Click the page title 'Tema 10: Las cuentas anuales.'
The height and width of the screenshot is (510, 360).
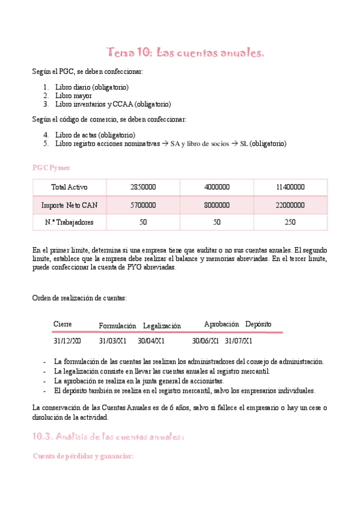pos(185,53)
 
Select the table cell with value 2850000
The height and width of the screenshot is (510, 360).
pos(142,187)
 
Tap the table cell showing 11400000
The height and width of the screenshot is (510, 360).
pos(290,187)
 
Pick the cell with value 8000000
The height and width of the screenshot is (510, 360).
pos(216,205)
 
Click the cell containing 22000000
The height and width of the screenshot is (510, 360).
pos(290,205)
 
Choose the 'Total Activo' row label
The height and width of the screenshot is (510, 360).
pos(69,187)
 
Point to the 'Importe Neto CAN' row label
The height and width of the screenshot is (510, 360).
pos(69,205)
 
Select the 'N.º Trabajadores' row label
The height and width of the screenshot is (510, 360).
pos(69,223)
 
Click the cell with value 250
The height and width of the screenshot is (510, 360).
pos(290,223)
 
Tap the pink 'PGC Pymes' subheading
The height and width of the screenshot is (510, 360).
pos(50,167)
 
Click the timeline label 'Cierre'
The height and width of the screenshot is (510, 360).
pos(63,324)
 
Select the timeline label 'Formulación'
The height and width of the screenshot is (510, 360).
pos(117,325)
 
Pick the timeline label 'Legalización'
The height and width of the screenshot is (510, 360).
pos(162,325)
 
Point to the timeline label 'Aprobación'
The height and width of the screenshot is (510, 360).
pos(221,324)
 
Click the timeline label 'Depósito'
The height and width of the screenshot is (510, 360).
pos(258,324)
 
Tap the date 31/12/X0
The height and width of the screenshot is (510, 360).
pos(67,340)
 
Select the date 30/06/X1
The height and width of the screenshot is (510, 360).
pos(206,340)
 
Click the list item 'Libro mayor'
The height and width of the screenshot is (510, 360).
pos(73,95)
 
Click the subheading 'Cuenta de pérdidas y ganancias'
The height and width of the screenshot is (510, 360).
pos(82,456)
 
